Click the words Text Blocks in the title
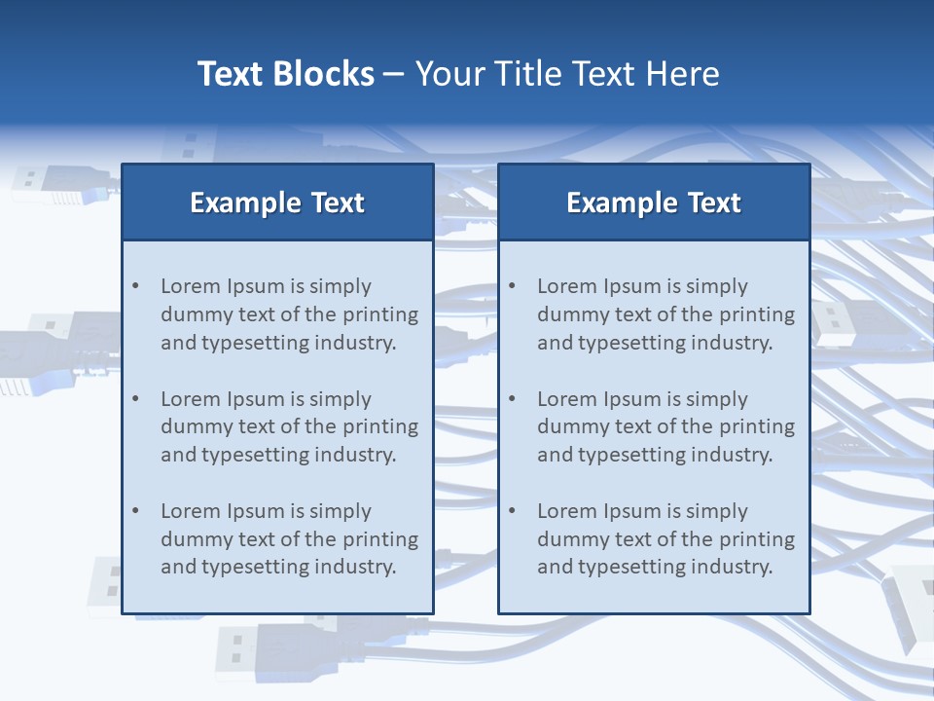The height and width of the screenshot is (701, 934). point(286,74)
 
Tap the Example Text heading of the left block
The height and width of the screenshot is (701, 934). point(277,203)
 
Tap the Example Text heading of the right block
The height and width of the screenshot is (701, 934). point(654,203)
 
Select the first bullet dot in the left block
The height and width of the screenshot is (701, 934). point(135,286)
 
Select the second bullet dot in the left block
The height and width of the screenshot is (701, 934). point(135,399)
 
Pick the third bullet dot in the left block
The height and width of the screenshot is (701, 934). point(135,511)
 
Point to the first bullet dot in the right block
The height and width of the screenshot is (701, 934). point(512,286)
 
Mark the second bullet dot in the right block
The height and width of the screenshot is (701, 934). point(512,399)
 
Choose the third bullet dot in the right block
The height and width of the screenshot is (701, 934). point(512,511)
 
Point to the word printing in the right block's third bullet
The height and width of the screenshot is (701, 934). point(757,539)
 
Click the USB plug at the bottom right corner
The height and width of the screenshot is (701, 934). point(910,604)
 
